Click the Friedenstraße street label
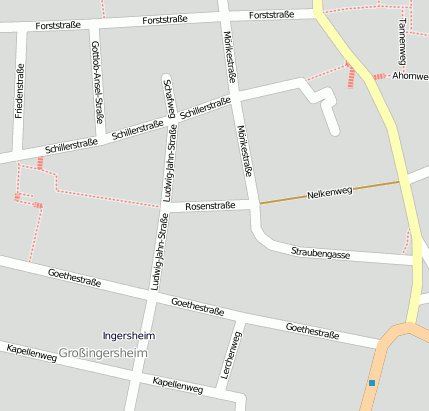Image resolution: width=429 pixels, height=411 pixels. (19, 90)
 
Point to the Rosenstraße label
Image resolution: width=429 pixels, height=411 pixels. (210, 206)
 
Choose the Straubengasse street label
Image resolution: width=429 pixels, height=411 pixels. (320, 254)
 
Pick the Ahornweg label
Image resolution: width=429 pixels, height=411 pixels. (410, 75)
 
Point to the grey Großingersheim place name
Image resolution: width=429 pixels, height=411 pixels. (103, 353)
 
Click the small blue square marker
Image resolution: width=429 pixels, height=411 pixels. (372, 382)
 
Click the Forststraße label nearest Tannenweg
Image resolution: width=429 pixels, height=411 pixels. (272, 15)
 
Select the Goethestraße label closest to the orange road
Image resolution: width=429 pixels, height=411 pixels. (312, 329)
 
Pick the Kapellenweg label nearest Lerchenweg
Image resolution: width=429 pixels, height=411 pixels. (178, 383)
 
